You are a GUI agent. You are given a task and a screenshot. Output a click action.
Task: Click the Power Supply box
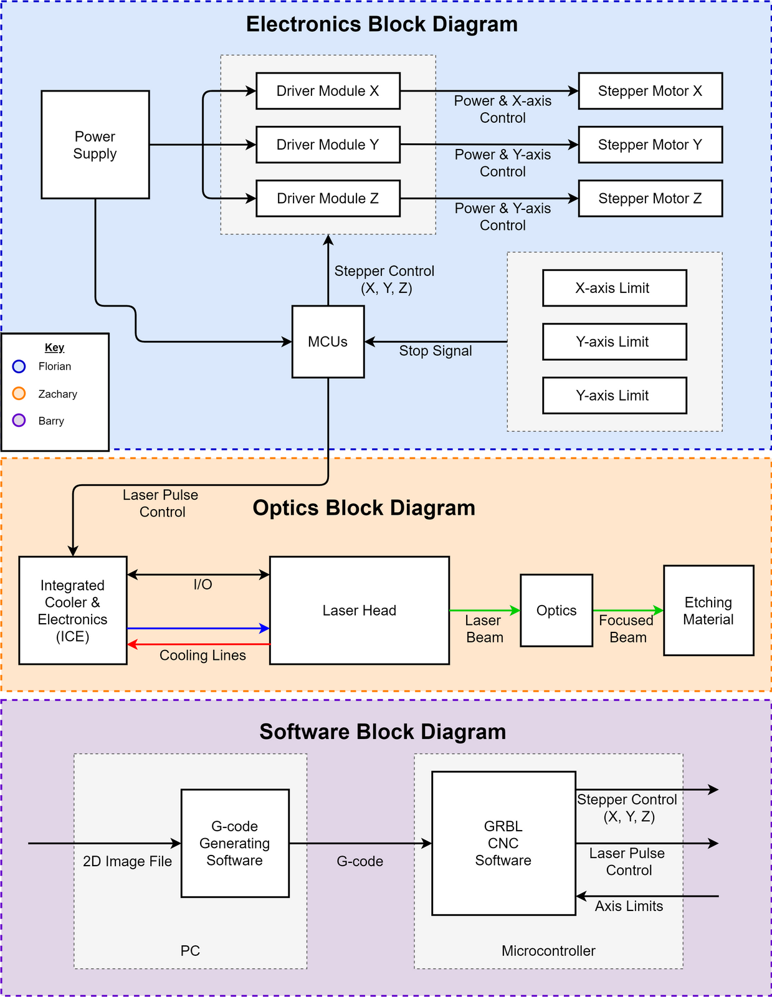(95, 145)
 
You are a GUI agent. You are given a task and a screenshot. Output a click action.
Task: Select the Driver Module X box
(328, 91)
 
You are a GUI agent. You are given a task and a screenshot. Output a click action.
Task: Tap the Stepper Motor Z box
(650, 198)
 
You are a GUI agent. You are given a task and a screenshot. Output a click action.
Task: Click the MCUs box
(328, 341)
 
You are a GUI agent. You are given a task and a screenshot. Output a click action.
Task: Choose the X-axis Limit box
(614, 288)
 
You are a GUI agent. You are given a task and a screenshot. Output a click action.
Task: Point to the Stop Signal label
(436, 351)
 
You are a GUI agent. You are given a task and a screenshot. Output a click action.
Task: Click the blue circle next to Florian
(19, 366)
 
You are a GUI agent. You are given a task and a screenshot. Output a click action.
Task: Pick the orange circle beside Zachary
(19, 393)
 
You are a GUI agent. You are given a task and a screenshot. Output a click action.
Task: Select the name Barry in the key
(51, 421)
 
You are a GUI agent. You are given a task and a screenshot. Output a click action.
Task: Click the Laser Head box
(359, 611)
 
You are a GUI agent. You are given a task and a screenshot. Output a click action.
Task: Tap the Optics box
(556, 611)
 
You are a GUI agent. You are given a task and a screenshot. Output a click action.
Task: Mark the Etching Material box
(708, 611)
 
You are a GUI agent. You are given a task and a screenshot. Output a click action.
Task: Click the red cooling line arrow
(199, 644)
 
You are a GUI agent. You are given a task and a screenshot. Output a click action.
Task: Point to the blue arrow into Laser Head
(199, 629)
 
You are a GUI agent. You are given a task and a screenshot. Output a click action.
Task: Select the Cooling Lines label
(203, 656)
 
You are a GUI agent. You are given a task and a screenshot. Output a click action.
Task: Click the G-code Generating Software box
(235, 843)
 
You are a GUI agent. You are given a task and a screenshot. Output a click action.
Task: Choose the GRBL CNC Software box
(503, 843)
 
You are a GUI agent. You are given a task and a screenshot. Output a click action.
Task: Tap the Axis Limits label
(629, 906)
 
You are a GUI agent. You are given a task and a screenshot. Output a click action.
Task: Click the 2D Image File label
(127, 861)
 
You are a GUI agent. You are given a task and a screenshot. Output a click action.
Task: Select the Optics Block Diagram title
(364, 508)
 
